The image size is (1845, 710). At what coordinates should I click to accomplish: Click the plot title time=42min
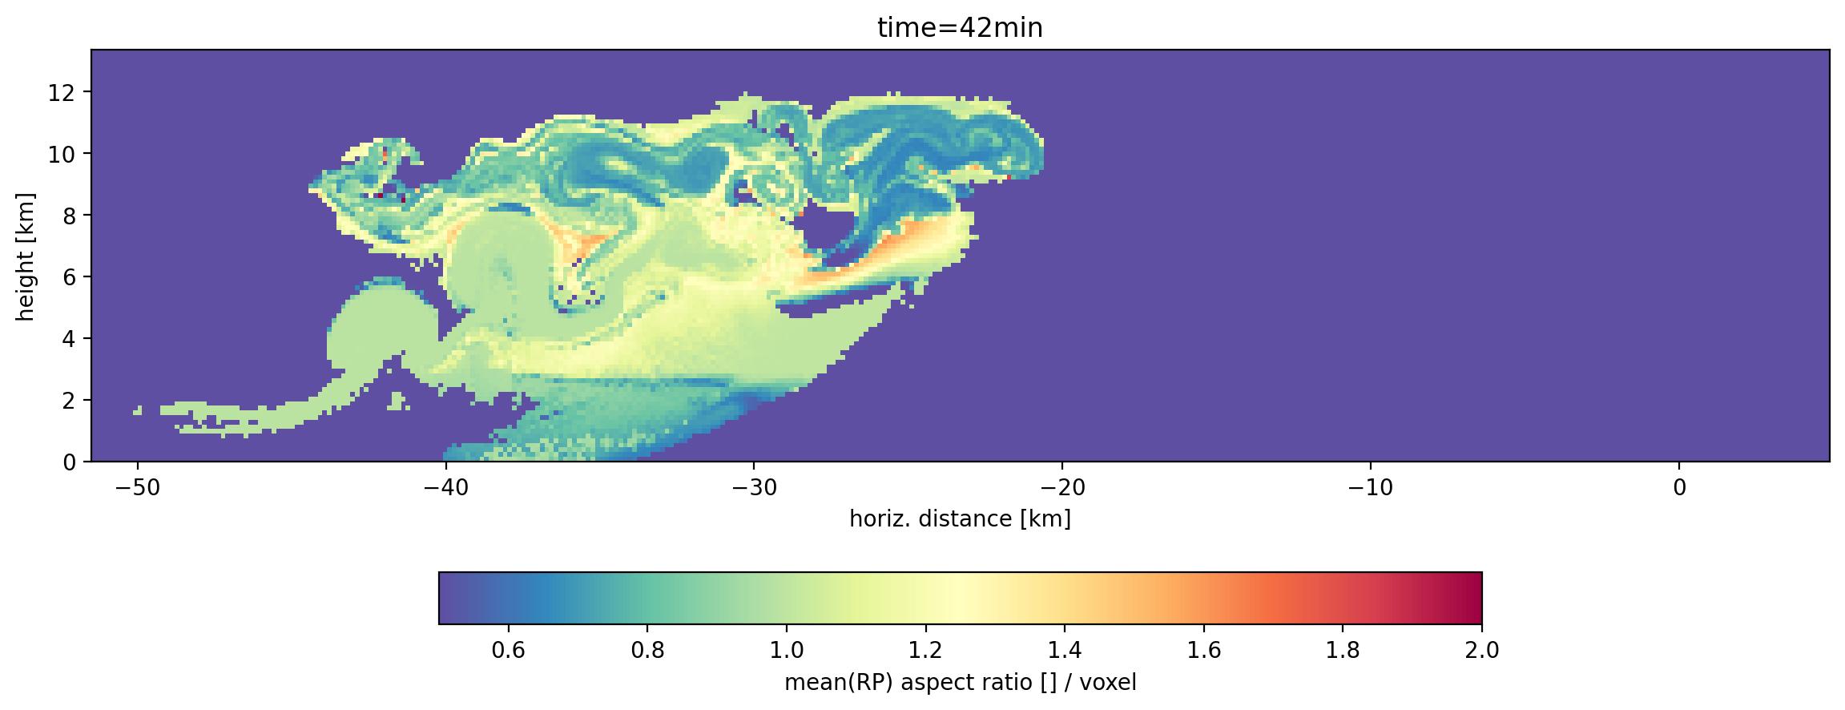pyautogui.click(x=960, y=28)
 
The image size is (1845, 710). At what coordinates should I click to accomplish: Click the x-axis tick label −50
pyautogui.click(x=138, y=488)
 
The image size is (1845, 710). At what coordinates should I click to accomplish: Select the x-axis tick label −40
pyautogui.click(x=445, y=488)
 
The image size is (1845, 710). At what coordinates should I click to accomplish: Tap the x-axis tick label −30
pyautogui.click(x=754, y=488)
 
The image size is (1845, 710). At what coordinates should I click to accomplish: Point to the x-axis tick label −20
pyautogui.click(x=1062, y=488)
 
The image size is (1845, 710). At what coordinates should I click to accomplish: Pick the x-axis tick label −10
pyautogui.click(x=1371, y=488)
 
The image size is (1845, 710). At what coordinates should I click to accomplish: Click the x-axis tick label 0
pyautogui.click(x=1679, y=488)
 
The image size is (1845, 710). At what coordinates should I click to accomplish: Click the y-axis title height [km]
pyautogui.click(x=26, y=256)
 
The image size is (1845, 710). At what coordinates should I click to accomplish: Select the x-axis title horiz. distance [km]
pyautogui.click(x=960, y=519)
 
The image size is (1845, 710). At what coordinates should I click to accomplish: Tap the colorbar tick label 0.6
pyautogui.click(x=508, y=650)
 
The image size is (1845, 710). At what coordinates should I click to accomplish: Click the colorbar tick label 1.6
pyautogui.click(x=1203, y=650)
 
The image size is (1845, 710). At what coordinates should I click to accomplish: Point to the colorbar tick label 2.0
pyautogui.click(x=1481, y=650)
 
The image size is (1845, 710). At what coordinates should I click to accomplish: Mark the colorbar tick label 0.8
pyautogui.click(x=647, y=650)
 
